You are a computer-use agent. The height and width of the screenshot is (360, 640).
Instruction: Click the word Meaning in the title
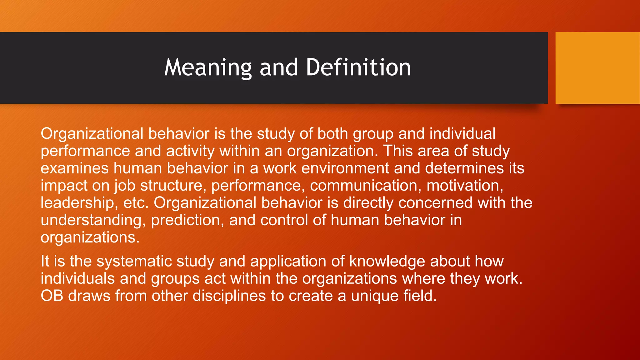(x=208, y=67)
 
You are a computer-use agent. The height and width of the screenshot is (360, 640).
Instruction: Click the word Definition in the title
(x=358, y=67)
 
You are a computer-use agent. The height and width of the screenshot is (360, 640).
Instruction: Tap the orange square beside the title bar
(x=597, y=68)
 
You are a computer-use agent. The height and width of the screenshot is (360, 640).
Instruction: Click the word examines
(x=74, y=168)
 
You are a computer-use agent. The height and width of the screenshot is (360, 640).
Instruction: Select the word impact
(x=64, y=186)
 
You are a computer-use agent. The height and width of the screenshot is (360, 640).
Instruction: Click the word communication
(x=364, y=186)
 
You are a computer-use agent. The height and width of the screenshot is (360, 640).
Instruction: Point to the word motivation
(x=464, y=186)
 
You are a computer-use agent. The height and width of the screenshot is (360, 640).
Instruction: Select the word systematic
(x=134, y=261)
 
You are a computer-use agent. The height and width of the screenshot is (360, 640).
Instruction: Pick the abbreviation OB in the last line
(x=52, y=296)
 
